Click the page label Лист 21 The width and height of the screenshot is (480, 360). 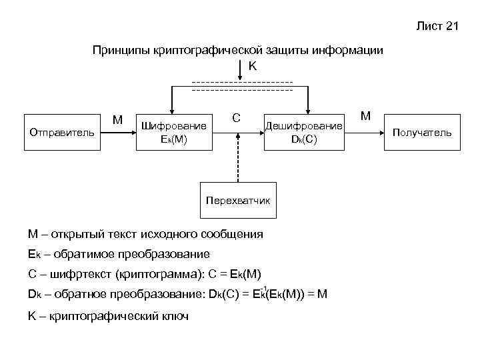(x=437, y=27)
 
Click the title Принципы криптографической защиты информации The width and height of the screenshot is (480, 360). (x=238, y=51)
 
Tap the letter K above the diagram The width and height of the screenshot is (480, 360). (x=253, y=66)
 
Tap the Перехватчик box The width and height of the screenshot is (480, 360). (x=239, y=199)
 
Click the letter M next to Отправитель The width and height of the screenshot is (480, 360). (x=117, y=120)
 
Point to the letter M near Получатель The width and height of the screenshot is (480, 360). (x=365, y=116)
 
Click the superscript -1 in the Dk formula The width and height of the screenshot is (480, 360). (x=264, y=288)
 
